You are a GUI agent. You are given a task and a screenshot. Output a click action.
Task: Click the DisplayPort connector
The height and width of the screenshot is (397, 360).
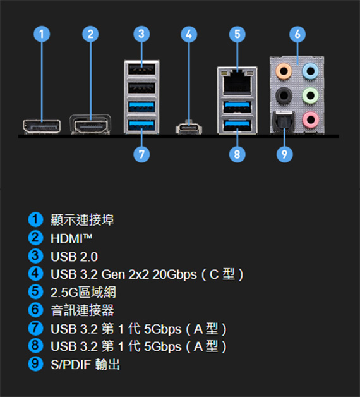pos(42,126)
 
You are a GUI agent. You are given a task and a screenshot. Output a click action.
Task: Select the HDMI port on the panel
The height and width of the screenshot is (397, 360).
pos(90,125)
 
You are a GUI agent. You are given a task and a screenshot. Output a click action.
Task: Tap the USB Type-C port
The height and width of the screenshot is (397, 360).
pos(189,128)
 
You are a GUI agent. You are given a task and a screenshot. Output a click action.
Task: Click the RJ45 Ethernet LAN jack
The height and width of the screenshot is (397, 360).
pos(237,82)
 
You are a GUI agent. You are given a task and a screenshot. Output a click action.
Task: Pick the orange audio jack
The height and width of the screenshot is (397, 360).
pos(284,70)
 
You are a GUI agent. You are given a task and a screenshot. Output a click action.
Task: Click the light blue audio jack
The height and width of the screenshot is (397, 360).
pos(310,70)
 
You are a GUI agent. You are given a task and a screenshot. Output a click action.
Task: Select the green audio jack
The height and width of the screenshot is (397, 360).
pos(310,95)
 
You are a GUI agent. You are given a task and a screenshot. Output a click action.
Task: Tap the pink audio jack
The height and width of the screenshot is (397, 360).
pos(310,119)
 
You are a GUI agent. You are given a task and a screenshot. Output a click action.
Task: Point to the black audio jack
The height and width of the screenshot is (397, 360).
pos(284,95)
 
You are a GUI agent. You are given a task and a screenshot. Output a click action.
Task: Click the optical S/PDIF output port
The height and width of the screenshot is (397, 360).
pos(282,121)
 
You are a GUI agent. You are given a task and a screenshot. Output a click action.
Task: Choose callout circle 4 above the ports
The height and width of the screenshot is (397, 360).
pos(189,34)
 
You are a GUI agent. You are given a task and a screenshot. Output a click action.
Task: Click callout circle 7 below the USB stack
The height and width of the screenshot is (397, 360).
pos(141,154)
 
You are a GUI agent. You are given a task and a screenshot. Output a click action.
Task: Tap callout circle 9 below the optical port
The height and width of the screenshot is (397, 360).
pos(284,154)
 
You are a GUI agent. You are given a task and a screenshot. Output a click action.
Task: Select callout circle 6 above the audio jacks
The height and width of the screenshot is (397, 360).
pos(297,34)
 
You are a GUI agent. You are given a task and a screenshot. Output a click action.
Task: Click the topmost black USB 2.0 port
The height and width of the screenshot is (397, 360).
pos(141,70)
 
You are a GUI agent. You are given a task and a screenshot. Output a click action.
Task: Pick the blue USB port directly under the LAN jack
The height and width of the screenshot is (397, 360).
pos(237,107)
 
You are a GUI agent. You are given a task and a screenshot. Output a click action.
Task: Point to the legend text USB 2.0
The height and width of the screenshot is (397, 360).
pos(74,257)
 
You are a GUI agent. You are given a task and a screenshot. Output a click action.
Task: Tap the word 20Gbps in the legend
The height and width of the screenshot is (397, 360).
pos(174,274)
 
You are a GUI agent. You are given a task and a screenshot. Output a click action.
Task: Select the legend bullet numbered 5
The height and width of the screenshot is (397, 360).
pos(35,292)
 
